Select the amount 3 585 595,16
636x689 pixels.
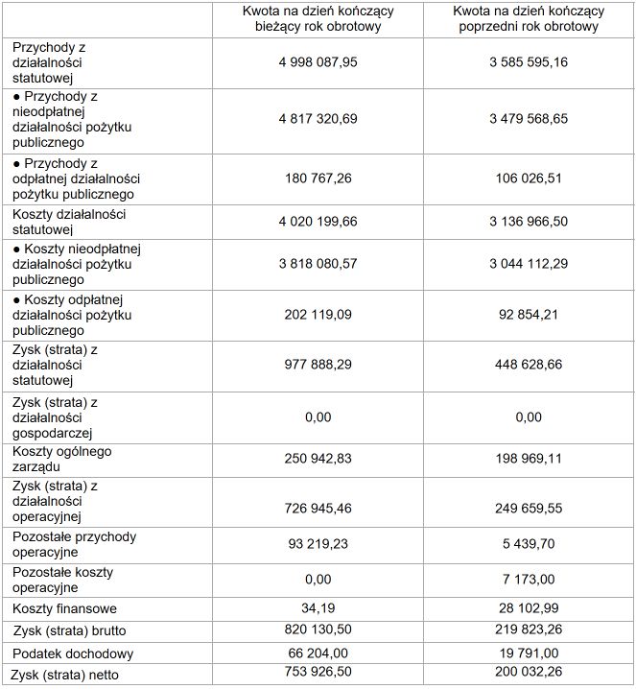(529, 61)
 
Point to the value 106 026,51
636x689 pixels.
(529, 178)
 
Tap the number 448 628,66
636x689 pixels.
(529, 366)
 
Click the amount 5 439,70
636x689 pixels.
(529, 544)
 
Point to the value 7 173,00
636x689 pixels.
(529, 580)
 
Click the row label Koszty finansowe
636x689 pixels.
(65, 608)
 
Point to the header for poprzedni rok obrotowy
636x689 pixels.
(529, 19)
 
